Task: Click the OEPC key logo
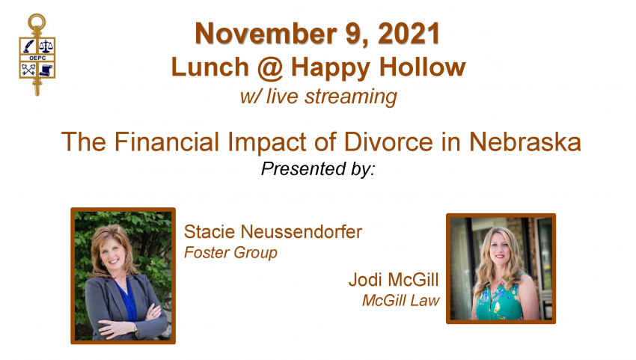(x=37, y=55)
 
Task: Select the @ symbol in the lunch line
(x=269, y=67)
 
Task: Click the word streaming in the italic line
(x=351, y=97)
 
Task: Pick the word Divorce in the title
(x=388, y=141)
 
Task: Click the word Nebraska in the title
(x=525, y=141)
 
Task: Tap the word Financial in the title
(x=166, y=141)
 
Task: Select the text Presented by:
(x=318, y=169)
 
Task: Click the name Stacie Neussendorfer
(x=273, y=232)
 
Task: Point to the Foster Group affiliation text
(x=230, y=252)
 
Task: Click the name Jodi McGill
(x=394, y=280)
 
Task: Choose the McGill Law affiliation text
(x=401, y=300)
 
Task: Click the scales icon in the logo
(x=46, y=46)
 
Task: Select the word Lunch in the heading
(x=210, y=67)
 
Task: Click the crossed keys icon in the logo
(x=28, y=70)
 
